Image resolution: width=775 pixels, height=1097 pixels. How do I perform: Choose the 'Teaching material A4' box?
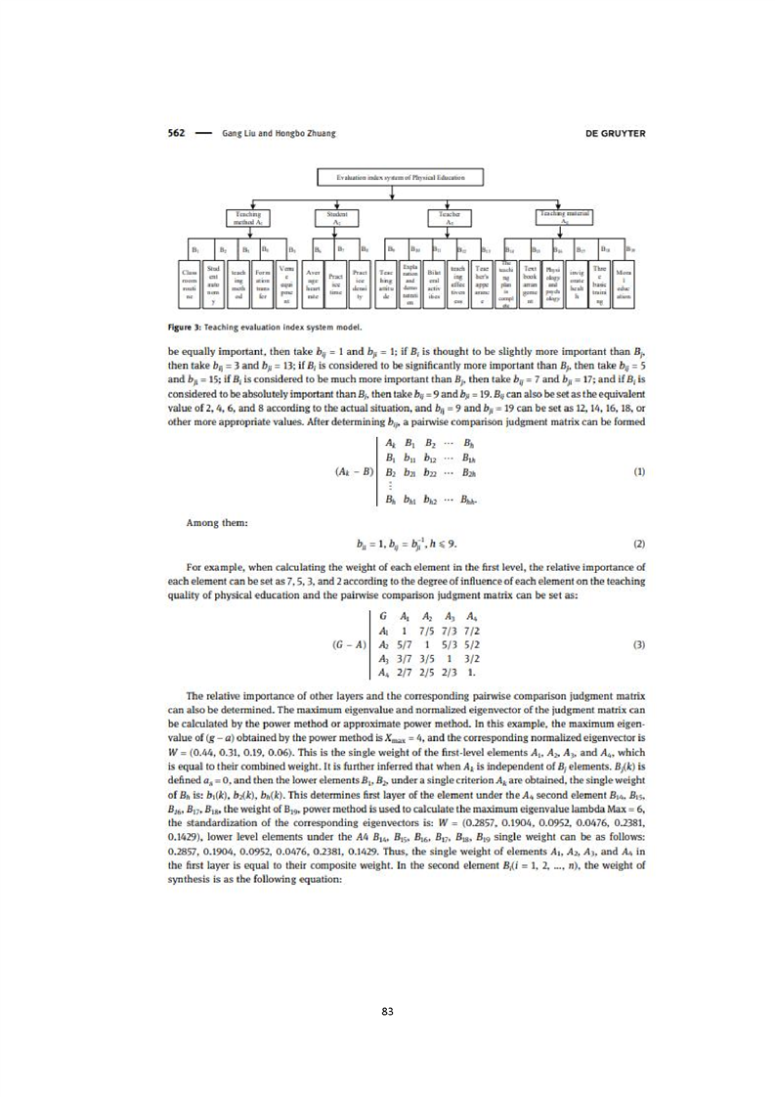(569, 216)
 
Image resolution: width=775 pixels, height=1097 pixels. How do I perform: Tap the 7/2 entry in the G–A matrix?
(475, 632)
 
